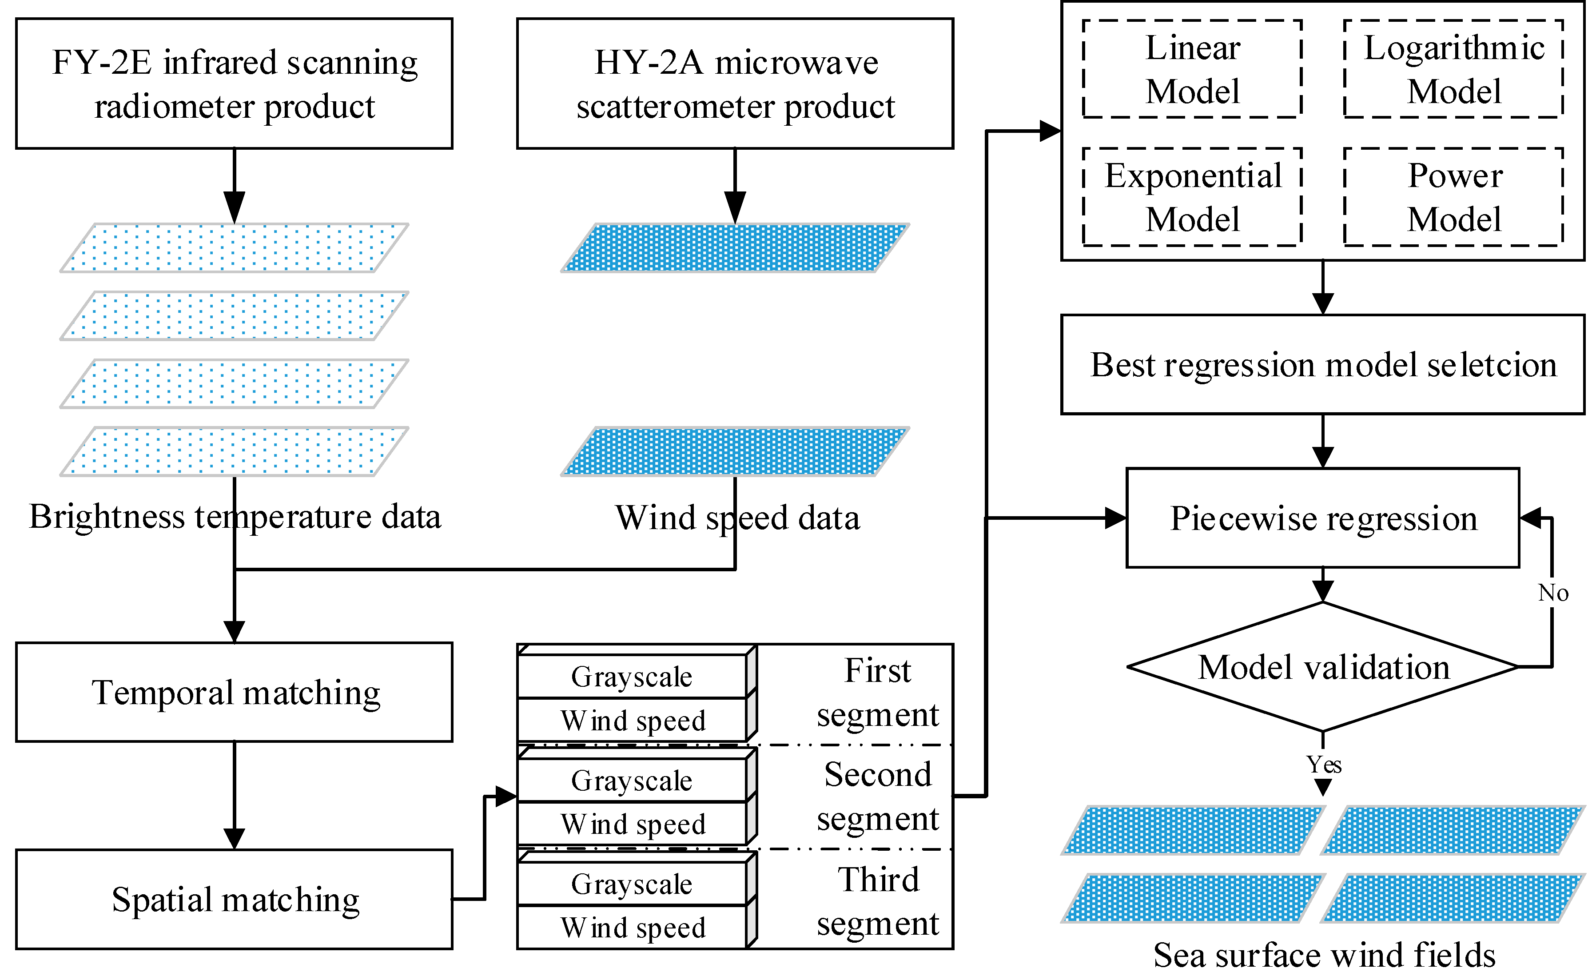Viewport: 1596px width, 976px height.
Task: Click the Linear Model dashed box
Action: pyautogui.click(x=1192, y=69)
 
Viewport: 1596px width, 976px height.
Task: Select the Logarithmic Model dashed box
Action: pyautogui.click(x=1453, y=69)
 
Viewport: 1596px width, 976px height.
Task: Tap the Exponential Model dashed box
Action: pyautogui.click(x=1192, y=197)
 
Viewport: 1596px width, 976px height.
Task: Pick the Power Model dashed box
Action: pyautogui.click(x=1453, y=197)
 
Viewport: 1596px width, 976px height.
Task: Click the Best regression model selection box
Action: pyautogui.click(x=1323, y=365)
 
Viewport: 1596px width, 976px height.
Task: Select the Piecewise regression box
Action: pyautogui.click(x=1323, y=518)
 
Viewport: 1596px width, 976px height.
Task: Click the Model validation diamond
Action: pyautogui.click(x=1323, y=667)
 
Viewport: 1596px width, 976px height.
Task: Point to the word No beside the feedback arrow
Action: pyautogui.click(x=1552, y=593)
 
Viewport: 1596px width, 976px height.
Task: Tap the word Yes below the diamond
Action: pyautogui.click(x=1323, y=765)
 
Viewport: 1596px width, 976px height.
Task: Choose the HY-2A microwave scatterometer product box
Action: pyautogui.click(x=735, y=84)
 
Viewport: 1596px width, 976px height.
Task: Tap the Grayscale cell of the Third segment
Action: pyautogui.click(x=632, y=884)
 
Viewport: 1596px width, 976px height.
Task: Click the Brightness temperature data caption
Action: pyautogui.click(x=235, y=517)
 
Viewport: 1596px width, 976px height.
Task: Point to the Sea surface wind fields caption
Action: pyautogui.click(x=1323, y=955)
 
